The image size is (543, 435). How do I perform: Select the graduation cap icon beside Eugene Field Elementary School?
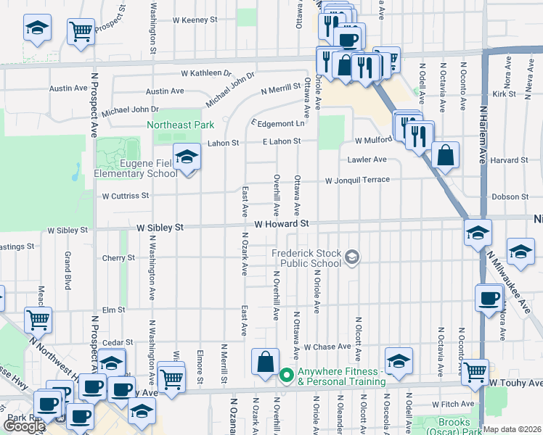tap(187, 158)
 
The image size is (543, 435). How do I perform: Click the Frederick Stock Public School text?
tap(306, 258)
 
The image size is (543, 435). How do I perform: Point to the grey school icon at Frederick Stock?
tap(352, 257)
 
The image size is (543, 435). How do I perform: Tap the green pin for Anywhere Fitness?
tap(286, 376)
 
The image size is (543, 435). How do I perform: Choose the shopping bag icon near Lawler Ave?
tap(445, 154)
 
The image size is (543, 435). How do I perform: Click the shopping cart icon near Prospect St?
tap(81, 31)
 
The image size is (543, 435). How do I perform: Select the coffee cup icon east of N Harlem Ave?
tap(489, 297)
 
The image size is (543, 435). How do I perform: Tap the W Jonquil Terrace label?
tap(356, 180)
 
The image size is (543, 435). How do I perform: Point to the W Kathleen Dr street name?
tap(205, 73)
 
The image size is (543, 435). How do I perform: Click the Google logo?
tap(24, 426)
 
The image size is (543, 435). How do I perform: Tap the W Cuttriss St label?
tap(125, 196)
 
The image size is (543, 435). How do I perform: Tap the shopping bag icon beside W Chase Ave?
tap(266, 362)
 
